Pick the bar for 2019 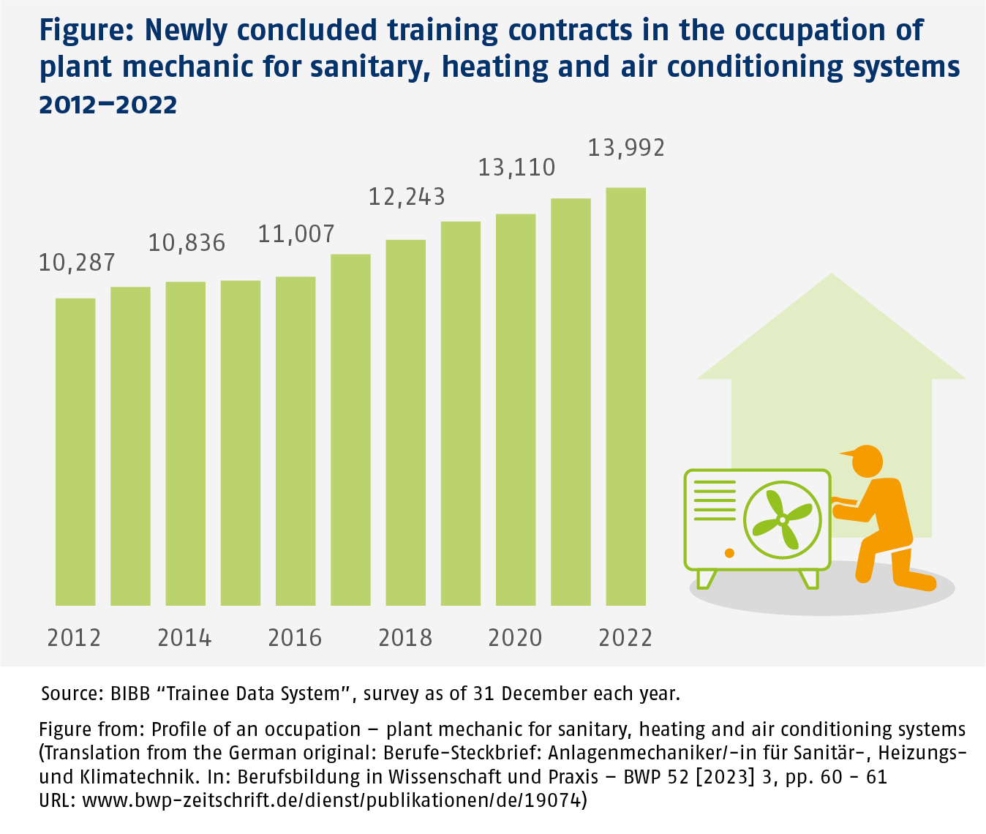pos(461,413)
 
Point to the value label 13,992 pos(626,149)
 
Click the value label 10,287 pos(77,263)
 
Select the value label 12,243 pos(407,198)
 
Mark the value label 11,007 pos(296,234)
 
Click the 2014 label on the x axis pos(184,638)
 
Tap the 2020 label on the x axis pos(515,638)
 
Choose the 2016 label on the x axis pos(295,638)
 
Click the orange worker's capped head pos(866,460)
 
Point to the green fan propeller pos(782,519)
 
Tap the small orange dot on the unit pos(729,551)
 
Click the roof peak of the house pos(831,278)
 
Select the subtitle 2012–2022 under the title pos(108,105)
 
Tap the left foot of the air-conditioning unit pos(707,579)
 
